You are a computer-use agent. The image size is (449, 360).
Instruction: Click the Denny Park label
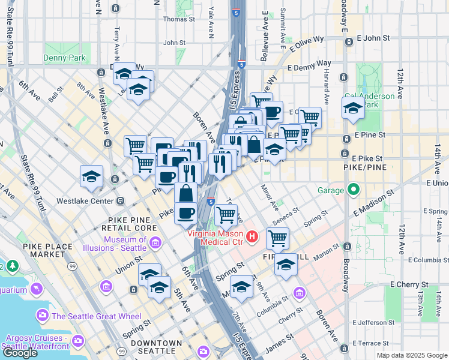click(64, 58)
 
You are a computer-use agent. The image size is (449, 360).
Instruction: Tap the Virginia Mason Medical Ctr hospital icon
click(253, 238)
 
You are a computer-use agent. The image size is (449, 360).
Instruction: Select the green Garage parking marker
click(354, 191)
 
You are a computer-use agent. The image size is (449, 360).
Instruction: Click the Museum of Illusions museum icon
click(155, 243)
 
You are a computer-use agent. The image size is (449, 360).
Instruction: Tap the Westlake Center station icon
click(120, 200)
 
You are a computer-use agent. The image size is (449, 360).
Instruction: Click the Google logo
click(20, 353)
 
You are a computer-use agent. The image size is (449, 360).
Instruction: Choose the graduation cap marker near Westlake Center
click(92, 176)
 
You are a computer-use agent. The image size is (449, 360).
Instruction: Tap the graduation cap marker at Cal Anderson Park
click(353, 109)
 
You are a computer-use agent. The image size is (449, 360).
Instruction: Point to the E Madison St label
click(373, 201)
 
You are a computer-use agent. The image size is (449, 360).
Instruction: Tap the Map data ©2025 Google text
click(412, 355)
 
